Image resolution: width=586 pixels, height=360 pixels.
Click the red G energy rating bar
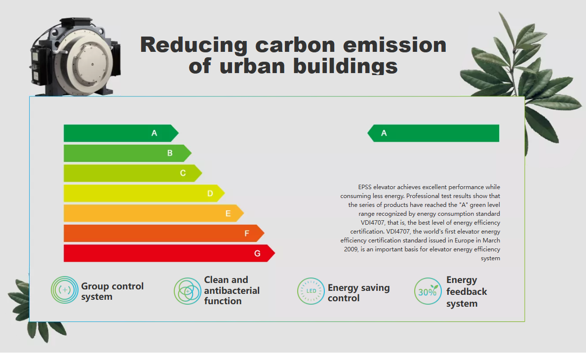pyautogui.click(x=169, y=253)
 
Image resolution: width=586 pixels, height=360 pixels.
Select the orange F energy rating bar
pyautogui.click(x=164, y=233)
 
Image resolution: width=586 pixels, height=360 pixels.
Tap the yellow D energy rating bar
pyautogui.click(x=144, y=193)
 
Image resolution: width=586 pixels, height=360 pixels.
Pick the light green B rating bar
pyautogui.click(x=127, y=153)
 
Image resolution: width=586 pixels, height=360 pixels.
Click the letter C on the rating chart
pyautogui.click(x=183, y=173)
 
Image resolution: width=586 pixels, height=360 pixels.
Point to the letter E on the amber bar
pyautogui.click(x=228, y=213)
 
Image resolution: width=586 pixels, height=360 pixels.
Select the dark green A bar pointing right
pyautogui.click(x=121, y=133)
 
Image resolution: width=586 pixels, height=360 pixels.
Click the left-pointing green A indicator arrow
pyautogui.click(x=433, y=133)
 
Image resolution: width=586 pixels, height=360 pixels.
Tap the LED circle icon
pyautogui.click(x=311, y=291)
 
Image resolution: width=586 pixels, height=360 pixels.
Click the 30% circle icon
pyautogui.click(x=428, y=291)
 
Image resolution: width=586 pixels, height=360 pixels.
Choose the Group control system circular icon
pyautogui.click(x=65, y=290)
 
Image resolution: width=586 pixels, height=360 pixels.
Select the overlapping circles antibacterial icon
pyautogui.click(x=187, y=291)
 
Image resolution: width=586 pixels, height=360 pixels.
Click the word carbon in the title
pyautogui.click(x=295, y=45)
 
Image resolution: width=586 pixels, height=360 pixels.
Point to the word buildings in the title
pyautogui.click(x=345, y=66)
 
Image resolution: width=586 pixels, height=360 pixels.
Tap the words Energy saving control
pyautogui.click(x=358, y=293)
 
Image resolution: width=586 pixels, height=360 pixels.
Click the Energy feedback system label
pyautogui.click(x=467, y=291)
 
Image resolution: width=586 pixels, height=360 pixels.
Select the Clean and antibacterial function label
pyautogui.click(x=232, y=290)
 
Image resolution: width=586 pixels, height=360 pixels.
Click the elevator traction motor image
pyautogui.click(x=75, y=56)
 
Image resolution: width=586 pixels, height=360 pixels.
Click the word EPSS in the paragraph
pyautogui.click(x=365, y=187)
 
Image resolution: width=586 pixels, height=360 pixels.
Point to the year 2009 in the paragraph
pyautogui.click(x=351, y=249)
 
